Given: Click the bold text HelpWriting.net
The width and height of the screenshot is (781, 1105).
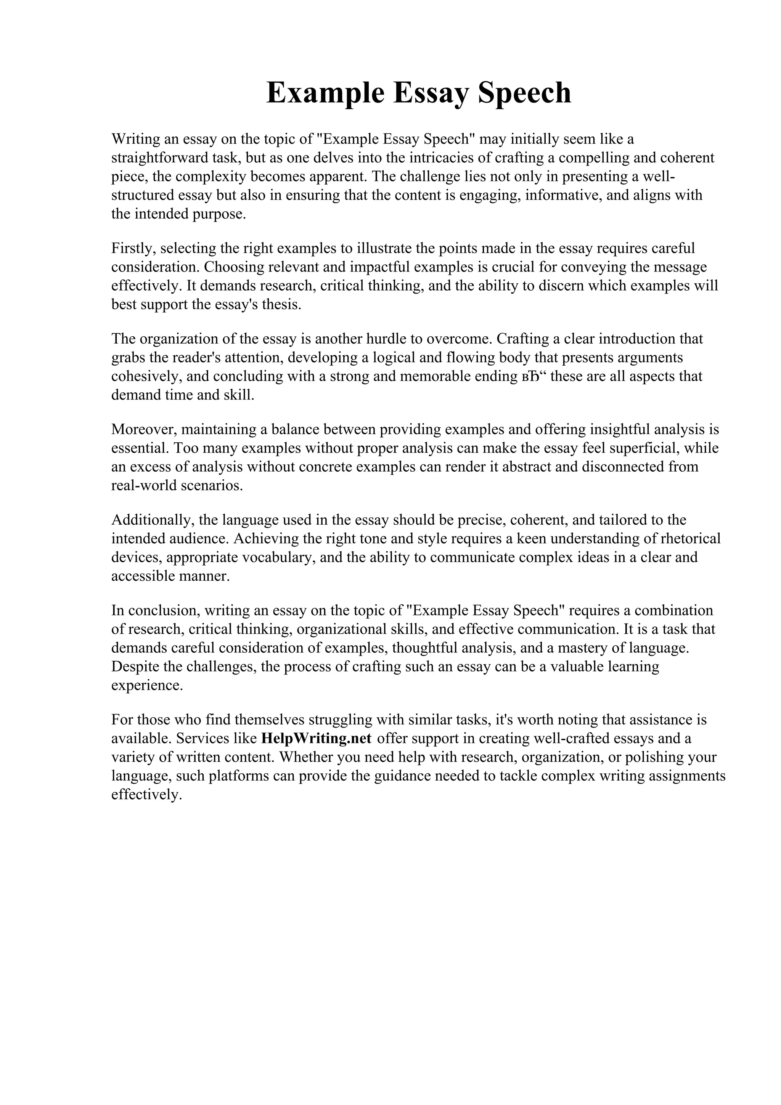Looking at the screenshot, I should (x=316, y=738).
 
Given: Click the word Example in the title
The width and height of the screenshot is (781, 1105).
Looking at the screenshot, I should (x=325, y=93).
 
